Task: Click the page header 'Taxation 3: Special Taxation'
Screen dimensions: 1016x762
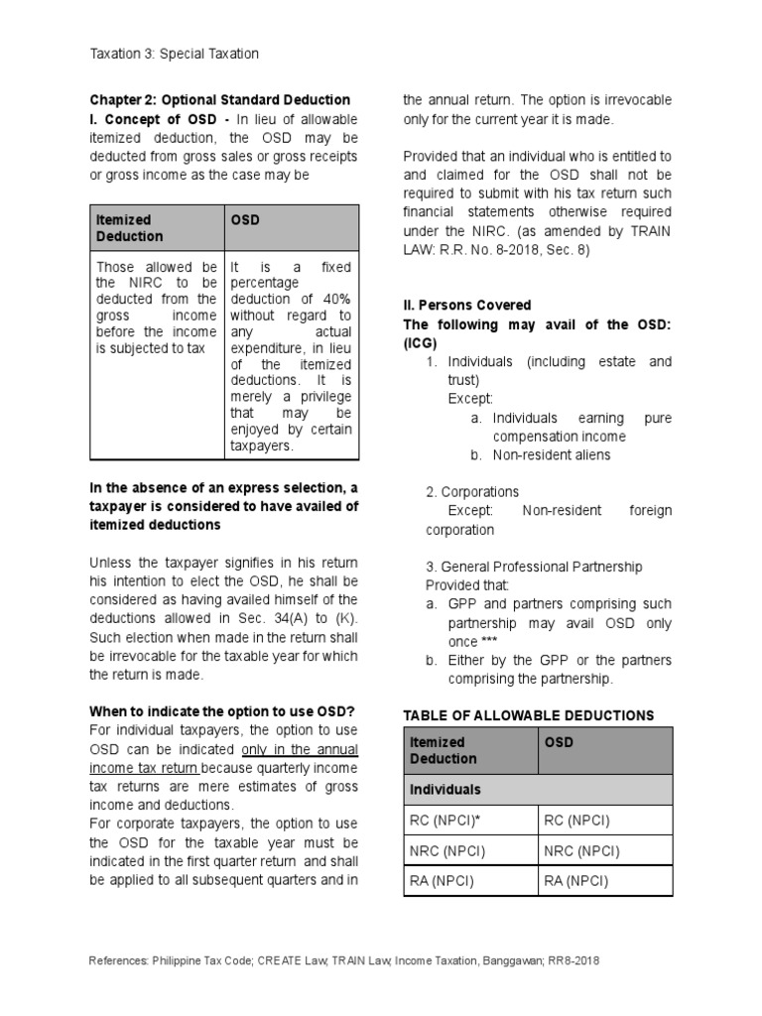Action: coord(174,55)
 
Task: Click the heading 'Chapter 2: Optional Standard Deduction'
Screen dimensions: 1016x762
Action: coord(219,100)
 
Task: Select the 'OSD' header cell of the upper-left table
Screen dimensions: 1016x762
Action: coord(245,219)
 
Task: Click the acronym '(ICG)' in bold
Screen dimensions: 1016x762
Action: coord(420,343)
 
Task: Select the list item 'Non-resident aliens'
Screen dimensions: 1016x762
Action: coord(553,454)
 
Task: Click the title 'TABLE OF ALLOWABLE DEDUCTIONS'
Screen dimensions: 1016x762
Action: coord(529,715)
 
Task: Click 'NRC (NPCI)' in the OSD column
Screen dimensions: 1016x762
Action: coord(582,851)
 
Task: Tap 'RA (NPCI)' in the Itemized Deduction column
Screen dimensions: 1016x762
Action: coord(443,881)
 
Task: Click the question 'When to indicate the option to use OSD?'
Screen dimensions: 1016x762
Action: coord(222,711)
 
